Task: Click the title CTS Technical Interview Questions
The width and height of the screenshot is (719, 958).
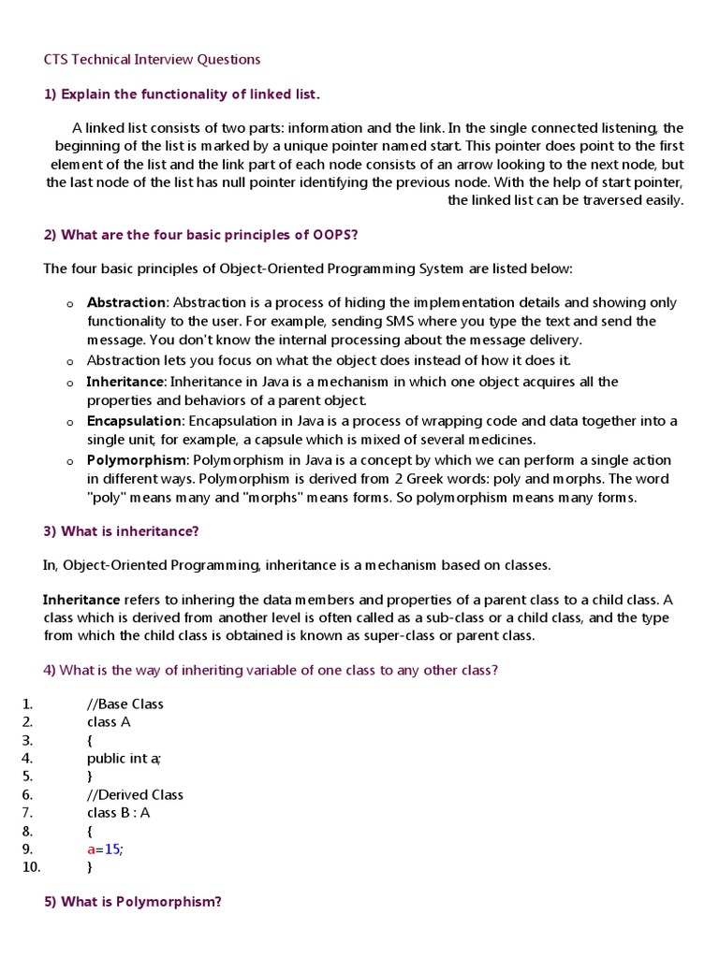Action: click(x=152, y=60)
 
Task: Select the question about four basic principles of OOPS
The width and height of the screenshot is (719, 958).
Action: click(x=200, y=235)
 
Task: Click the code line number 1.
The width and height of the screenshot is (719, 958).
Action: click(x=27, y=704)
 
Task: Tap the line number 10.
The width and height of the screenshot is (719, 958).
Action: click(x=31, y=867)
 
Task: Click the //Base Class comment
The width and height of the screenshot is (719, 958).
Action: click(x=125, y=704)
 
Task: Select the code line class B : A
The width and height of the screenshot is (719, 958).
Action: click(x=118, y=813)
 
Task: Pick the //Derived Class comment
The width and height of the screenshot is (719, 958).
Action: click(x=135, y=794)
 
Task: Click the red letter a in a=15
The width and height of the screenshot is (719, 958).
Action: click(x=91, y=849)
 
